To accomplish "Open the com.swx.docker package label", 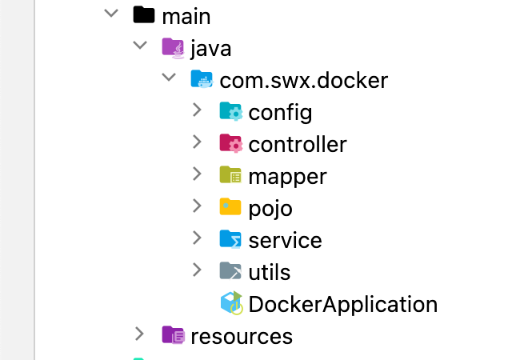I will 303,80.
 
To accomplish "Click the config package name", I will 280,112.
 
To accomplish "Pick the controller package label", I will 298,144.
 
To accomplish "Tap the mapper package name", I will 287,176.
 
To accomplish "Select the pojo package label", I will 270,208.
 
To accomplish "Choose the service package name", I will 285,240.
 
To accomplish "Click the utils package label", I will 270,272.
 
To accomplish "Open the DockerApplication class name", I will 343,304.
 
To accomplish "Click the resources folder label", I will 242,336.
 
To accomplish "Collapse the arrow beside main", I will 110,15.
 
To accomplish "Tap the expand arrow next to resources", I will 140,334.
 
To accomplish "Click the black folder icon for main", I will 143,15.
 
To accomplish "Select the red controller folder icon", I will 230,143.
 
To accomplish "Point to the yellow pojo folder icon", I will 230,207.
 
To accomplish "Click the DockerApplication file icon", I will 231,303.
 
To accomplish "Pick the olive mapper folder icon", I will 230,175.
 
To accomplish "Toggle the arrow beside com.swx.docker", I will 168,79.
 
